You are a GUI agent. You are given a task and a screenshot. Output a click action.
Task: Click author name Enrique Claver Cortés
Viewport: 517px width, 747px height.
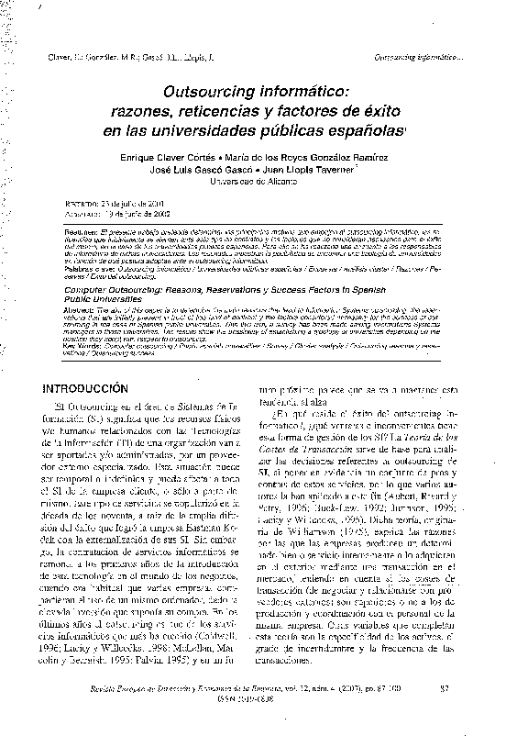tap(170, 158)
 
